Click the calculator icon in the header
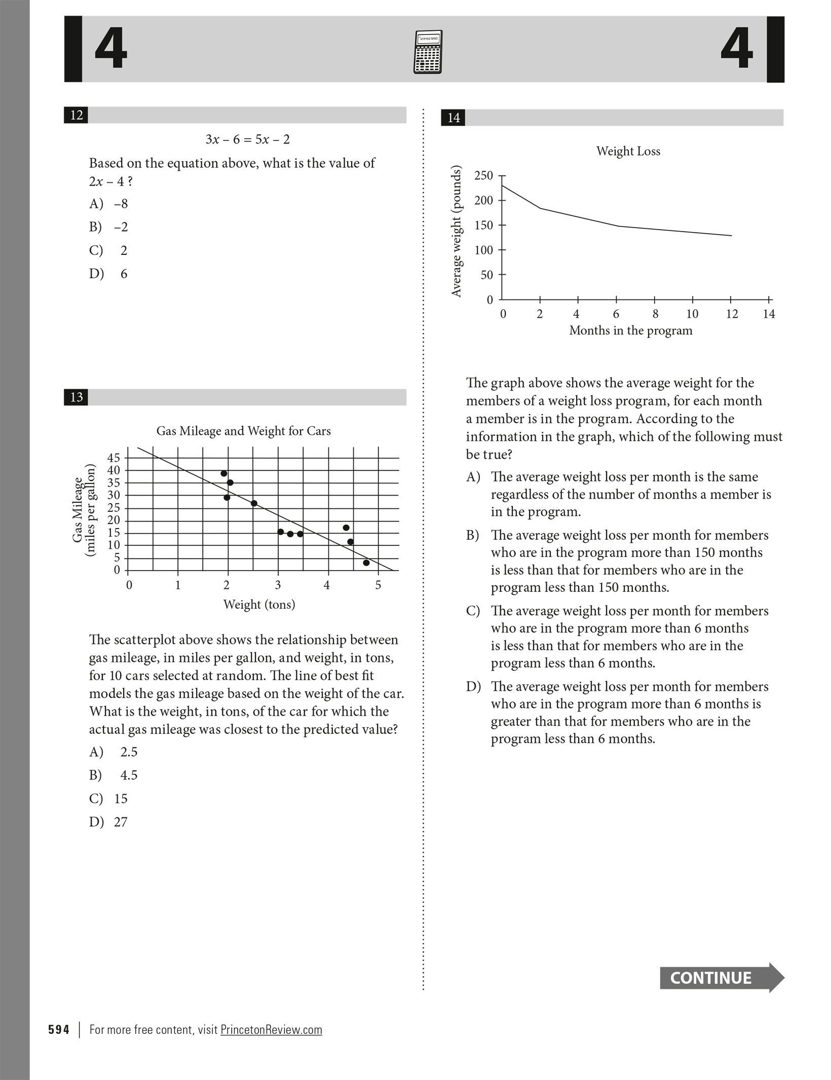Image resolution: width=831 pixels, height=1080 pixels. [x=428, y=52]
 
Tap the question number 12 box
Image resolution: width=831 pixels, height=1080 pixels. [x=76, y=115]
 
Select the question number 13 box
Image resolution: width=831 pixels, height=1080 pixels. [x=76, y=397]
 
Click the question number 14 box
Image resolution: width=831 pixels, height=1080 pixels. [x=453, y=118]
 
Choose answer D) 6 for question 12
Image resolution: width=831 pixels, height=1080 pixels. [x=108, y=274]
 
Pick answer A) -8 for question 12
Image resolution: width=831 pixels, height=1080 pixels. [x=108, y=204]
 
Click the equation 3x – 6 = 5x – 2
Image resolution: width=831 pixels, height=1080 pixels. [x=247, y=139]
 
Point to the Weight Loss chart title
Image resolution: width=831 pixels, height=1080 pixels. [x=628, y=151]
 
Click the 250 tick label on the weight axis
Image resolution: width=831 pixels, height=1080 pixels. [x=483, y=175]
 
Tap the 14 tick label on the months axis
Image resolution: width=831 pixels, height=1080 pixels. [x=769, y=314]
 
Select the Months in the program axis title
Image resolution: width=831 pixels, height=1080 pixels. [x=630, y=330]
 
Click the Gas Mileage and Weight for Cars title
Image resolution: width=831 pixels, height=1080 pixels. [x=243, y=431]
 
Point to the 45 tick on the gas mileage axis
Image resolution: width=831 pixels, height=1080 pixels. [x=114, y=458]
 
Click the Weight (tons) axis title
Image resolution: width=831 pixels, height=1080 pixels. [x=259, y=604]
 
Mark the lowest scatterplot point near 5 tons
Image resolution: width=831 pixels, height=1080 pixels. [x=366, y=563]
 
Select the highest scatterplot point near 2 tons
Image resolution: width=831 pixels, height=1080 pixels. [x=224, y=473]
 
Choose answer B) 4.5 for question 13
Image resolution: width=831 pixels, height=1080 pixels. [x=114, y=775]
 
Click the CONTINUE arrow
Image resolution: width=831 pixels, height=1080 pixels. [x=721, y=978]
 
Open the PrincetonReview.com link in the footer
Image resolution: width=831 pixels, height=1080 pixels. [x=271, y=1030]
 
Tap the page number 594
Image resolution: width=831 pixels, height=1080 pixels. [x=59, y=1030]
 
